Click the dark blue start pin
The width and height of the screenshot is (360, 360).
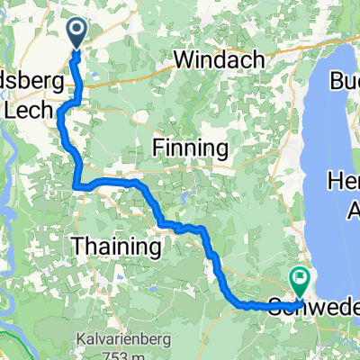(76, 34)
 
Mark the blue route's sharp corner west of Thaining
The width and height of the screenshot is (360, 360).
(76, 186)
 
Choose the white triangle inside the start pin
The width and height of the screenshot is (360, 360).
(76, 31)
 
